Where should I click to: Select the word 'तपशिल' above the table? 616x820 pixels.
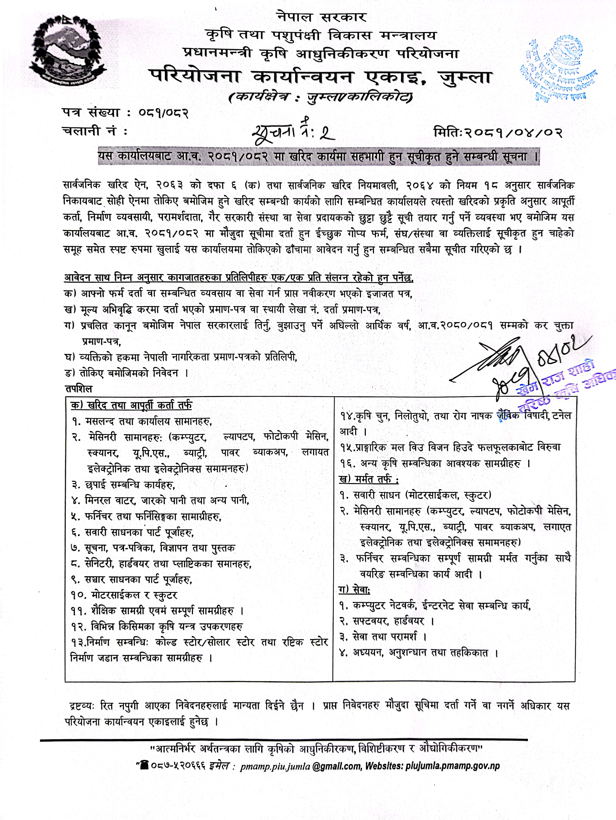(x=79, y=389)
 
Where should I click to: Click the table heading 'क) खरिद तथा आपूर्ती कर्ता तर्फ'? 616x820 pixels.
(x=132, y=405)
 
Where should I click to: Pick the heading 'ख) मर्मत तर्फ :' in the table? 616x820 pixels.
(x=369, y=479)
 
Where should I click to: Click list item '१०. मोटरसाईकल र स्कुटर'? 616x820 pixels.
(x=124, y=595)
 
